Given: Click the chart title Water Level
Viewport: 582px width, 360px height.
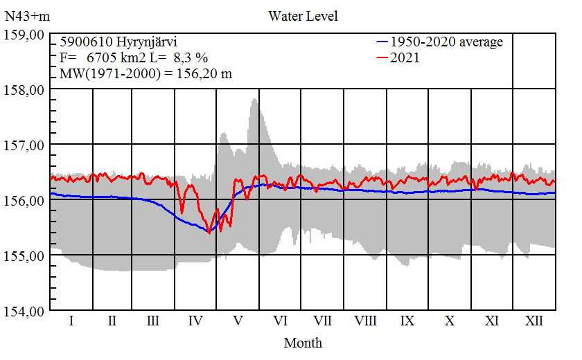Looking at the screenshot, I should [x=303, y=15].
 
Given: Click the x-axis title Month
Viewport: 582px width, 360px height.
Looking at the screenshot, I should [x=303, y=343].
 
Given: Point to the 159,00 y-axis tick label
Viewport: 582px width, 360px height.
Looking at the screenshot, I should [x=25, y=35].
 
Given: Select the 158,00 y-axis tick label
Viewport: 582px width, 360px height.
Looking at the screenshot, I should [x=25, y=89].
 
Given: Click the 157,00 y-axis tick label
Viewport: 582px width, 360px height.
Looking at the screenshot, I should [x=25, y=145].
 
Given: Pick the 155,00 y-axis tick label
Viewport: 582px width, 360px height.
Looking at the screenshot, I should [x=25, y=255].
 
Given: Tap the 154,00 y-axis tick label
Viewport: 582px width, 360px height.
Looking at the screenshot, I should [x=25, y=311].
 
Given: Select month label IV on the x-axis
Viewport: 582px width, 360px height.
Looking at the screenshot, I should [x=196, y=321].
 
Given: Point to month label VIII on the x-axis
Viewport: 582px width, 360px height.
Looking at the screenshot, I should [x=365, y=321].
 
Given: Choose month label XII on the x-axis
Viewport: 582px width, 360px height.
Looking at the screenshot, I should [x=533, y=321].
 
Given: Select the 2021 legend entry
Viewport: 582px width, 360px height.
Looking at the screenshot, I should [x=405, y=58].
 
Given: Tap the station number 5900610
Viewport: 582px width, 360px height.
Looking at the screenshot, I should [x=83, y=42].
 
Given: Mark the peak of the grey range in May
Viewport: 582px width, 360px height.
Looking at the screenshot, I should [x=254, y=100].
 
